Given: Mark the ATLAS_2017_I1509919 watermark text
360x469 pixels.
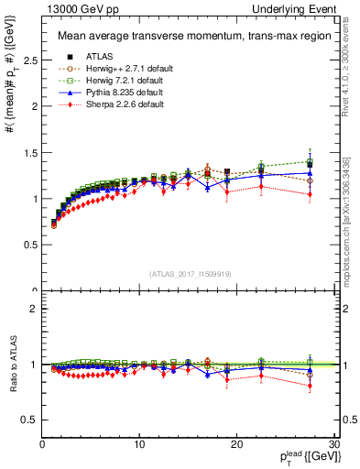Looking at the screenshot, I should coord(190,273).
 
